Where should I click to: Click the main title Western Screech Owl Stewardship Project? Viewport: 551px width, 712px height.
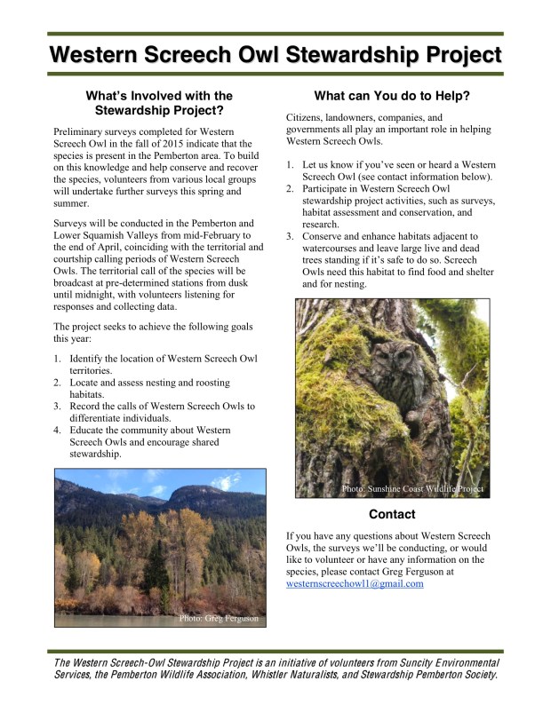(x=275, y=55)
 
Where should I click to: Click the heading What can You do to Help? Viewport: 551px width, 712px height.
(x=392, y=96)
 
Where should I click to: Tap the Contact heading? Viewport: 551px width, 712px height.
(x=392, y=514)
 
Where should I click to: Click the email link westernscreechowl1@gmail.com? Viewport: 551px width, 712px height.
(x=355, y=584)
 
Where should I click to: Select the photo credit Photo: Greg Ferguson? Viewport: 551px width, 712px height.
(x=219, y=618)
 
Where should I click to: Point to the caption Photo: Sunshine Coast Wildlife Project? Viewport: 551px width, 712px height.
(x=413, y=489)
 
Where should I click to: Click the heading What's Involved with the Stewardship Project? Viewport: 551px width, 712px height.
(x=159, y=103)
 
